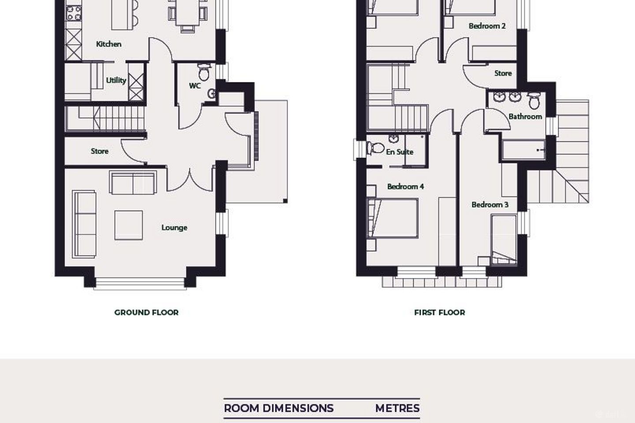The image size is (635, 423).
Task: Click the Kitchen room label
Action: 109,44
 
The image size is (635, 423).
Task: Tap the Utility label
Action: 116,81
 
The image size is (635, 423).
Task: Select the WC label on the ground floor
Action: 195,86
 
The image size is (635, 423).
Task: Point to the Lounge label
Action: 174,228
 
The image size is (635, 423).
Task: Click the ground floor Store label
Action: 100,151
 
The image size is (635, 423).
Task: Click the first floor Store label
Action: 503,74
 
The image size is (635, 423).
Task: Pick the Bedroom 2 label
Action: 487,26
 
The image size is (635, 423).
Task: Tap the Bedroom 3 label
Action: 490,204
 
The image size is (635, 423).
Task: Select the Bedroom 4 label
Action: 405,186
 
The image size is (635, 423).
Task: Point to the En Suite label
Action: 400,152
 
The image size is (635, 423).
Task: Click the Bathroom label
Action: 525,116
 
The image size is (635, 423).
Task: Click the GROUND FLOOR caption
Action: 146,312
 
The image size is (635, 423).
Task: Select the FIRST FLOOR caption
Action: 439,312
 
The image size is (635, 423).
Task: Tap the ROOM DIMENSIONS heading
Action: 279,408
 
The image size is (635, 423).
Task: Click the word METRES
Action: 397,408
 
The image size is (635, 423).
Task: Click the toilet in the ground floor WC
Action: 204,72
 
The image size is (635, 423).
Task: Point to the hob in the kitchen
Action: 74,13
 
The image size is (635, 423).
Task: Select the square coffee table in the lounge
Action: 129,225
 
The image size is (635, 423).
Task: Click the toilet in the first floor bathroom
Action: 534,100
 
